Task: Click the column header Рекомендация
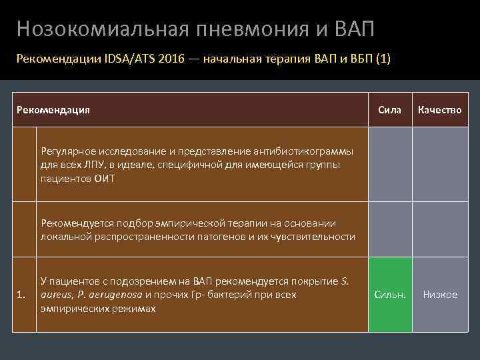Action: coord(53,109)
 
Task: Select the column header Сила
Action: coord(389,109)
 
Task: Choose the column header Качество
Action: coord(439,109)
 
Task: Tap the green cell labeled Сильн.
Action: coord(389,295)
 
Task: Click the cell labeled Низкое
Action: coord(439,295)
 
